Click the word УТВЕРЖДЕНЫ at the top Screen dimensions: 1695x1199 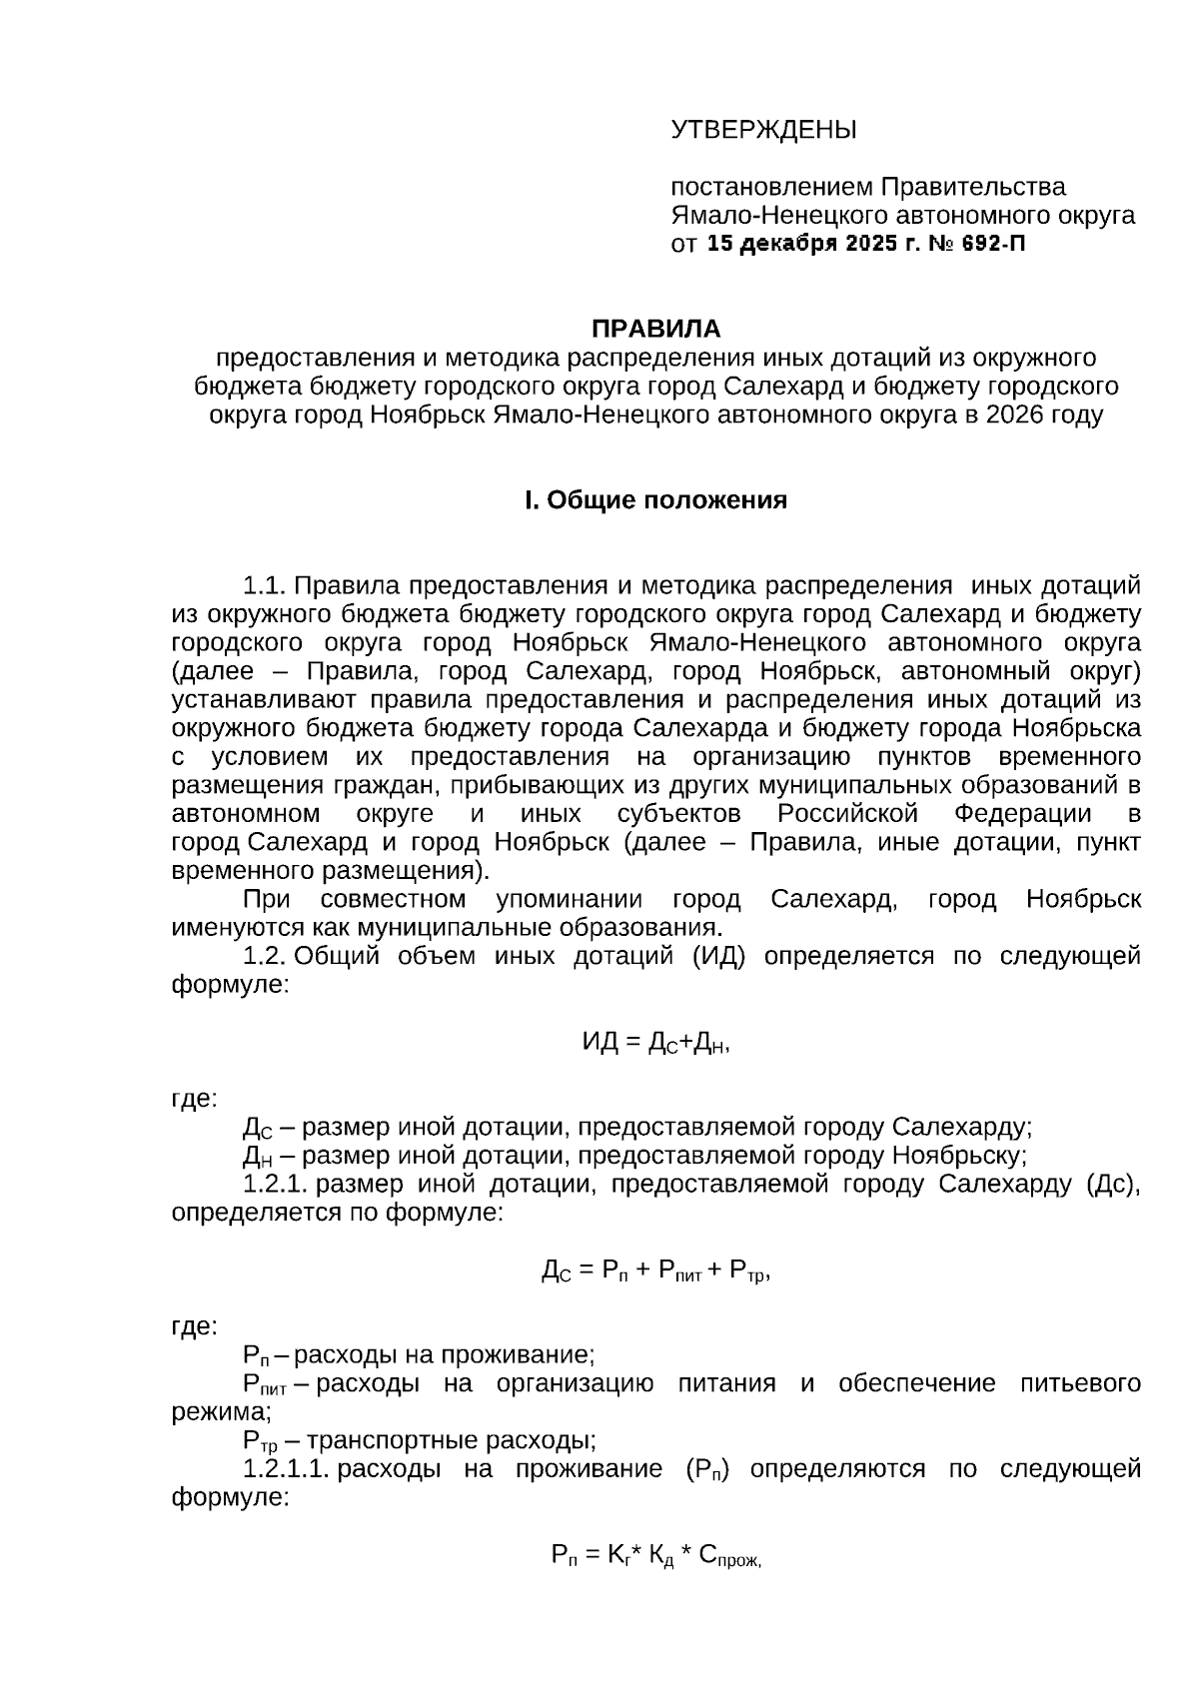pyautogui.click(x=763, y=130)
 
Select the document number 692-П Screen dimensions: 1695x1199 pyautogui.click(x=993, y=244)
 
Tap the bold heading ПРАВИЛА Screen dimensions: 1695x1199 pyautogui.click(x=655, y=329)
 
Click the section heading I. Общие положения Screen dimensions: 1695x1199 pyautogui.click(x=655, y=500)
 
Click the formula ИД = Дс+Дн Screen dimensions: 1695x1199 pyautogui.click(x=655, y=1043)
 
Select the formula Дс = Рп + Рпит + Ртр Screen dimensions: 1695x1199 pyautogui.click(x=655, y=1271)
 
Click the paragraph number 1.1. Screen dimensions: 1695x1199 pyautogui.click(x=265, y=585)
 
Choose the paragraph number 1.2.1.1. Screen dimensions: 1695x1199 pyautogui.click(x=286, y=1469)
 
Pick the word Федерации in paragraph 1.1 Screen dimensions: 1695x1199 pyautogui.click(x=1022, y=813)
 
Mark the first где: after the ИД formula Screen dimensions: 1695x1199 pyautogui.click(x=194, y=1099)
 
